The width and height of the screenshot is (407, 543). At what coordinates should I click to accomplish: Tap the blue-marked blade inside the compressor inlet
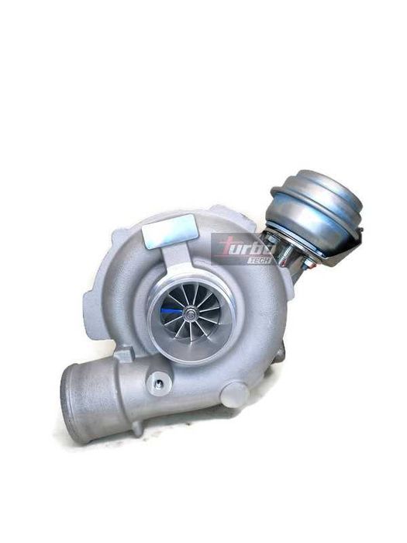coord(173,310)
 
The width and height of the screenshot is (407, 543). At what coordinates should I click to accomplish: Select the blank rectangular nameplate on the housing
coord(170,231)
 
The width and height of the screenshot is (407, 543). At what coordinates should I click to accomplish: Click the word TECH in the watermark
coord(259,261)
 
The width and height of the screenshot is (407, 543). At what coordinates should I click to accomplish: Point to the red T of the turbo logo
coord(226,248)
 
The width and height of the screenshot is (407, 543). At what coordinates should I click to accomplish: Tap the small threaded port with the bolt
coord(158,383)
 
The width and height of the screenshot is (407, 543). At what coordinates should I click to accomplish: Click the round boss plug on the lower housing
coord(235,395)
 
